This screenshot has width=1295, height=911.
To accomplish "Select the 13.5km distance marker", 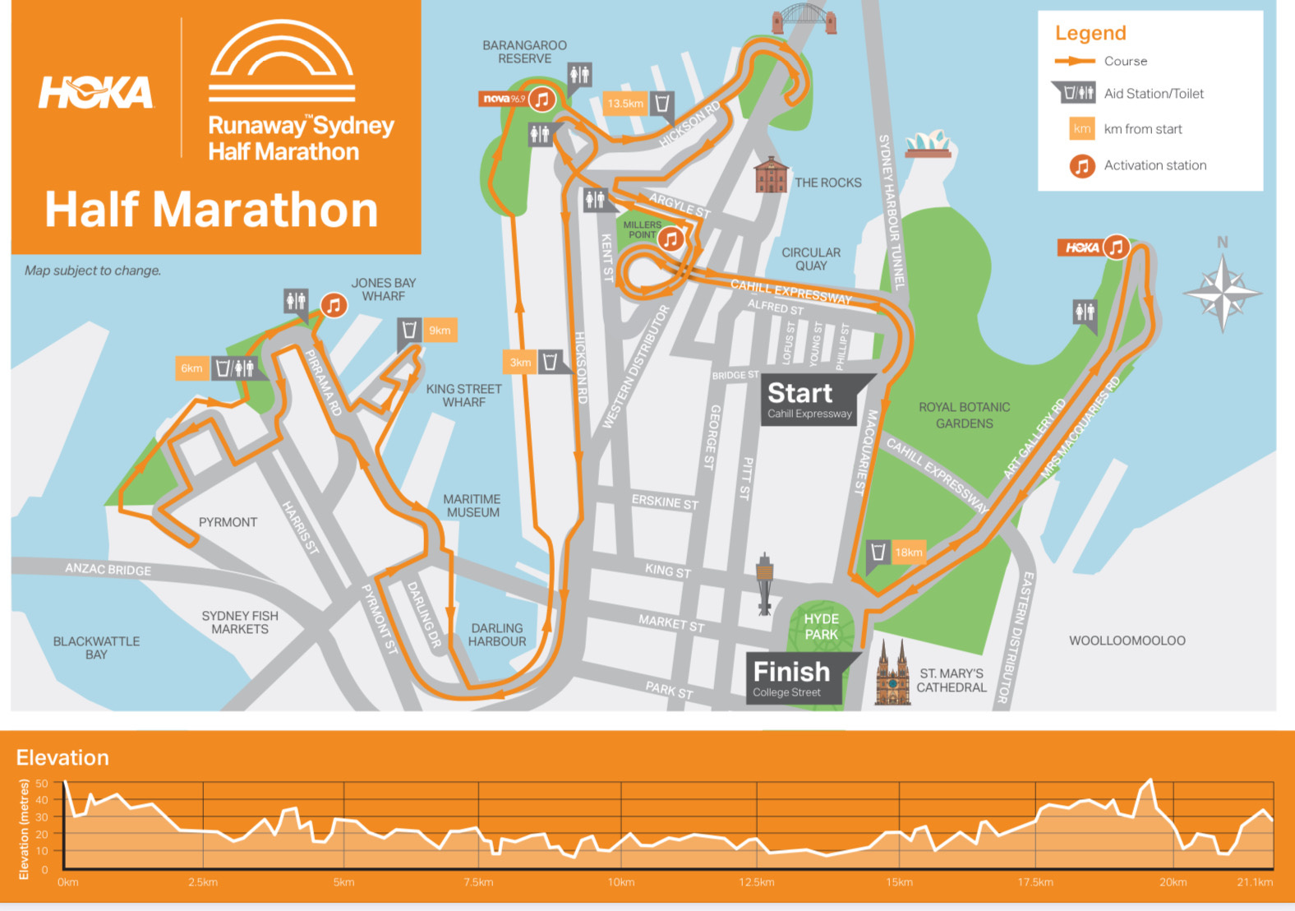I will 625,104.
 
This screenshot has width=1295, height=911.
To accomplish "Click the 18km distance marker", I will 909,552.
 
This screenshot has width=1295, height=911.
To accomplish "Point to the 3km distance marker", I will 520,362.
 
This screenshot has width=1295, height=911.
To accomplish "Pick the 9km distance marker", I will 440,331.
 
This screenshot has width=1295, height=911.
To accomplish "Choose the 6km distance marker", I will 191,368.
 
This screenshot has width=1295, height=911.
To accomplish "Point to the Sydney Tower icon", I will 765,583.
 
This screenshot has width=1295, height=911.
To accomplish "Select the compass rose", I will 1222,292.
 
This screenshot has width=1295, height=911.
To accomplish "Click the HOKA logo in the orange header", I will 96,93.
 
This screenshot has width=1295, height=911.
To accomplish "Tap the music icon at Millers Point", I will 671,238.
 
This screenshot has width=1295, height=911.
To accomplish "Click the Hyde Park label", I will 821,627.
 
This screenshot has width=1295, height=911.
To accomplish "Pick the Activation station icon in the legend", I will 1082,166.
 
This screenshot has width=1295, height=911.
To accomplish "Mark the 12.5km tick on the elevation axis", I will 756,882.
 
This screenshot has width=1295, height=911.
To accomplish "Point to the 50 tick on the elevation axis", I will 42,784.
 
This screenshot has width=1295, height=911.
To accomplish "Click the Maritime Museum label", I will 472,506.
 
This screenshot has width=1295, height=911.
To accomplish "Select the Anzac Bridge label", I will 108,569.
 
